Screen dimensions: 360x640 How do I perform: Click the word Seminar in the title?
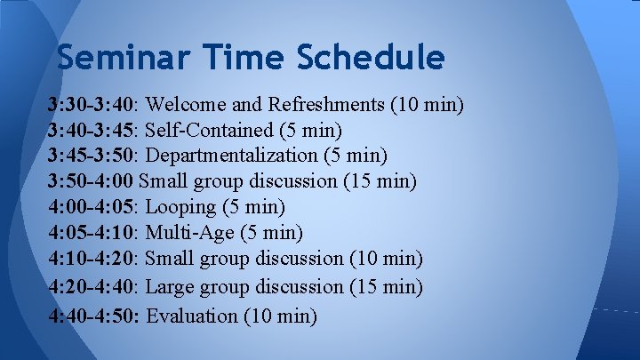click(125, 58)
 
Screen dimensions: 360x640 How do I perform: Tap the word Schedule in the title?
click(372, 58)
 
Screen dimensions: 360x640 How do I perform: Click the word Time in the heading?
click(250, 58)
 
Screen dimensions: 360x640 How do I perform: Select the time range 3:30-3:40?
click(92, 106)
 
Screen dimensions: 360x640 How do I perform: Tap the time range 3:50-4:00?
click(92, 182)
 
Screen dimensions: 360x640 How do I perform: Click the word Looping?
click(180, 208)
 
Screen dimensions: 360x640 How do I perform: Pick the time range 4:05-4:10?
click(92, 234)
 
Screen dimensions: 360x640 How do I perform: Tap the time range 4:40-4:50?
click(92, 316)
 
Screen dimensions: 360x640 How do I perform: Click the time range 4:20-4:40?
click(92, 287)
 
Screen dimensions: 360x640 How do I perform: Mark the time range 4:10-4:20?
click(92, 260)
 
